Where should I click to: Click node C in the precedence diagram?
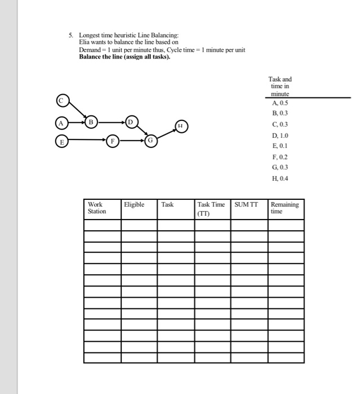tap(62, 101)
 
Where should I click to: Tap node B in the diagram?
tap(90, 122)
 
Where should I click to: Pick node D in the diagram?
tap(131, 122)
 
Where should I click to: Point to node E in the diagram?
tap(61, 142)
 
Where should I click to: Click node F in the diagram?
tap(113, 142)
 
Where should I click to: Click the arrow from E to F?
tap(87, 142)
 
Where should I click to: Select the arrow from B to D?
tap(110, 122)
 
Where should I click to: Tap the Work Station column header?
tap(97, 208)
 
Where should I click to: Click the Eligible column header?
tap(134, 205)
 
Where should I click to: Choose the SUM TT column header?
tap(246, 205)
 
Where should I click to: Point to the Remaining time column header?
tap(285, 208)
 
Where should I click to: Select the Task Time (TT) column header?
tap(211, 209)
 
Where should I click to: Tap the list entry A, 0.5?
tap(280, 104)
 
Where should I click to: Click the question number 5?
tap(70, 35)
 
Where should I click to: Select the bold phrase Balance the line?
tap(99, 56)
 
